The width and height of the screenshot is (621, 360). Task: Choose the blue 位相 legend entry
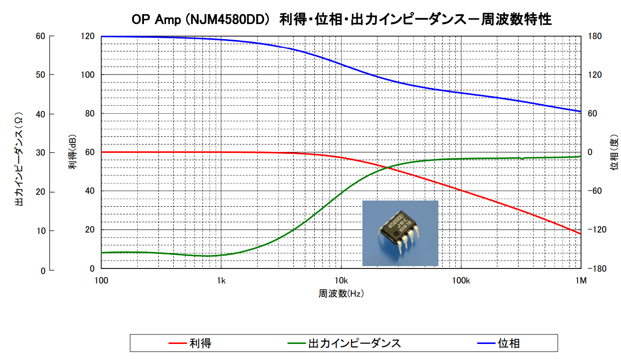[509, 343]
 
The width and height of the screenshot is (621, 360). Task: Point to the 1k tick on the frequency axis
[221, 281]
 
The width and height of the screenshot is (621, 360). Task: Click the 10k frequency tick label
[341, 281]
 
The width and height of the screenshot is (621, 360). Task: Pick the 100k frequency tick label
[461, 281]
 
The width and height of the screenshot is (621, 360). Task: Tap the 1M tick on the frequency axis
[581, 281]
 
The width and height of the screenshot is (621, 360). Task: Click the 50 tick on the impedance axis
[42, 75]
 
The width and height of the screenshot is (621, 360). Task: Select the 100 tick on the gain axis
[89, 75]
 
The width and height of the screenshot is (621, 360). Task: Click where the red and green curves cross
[388, 167]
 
